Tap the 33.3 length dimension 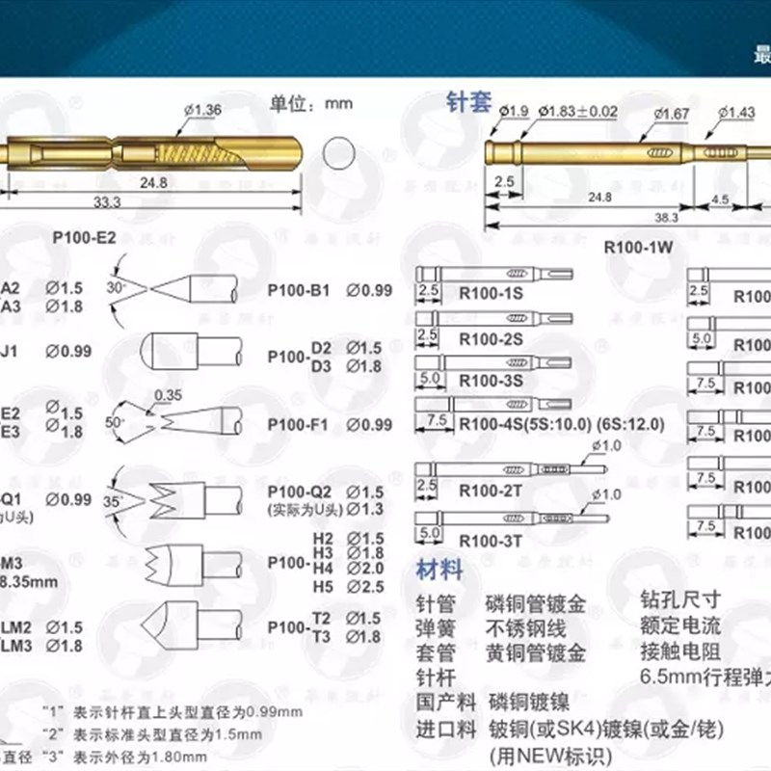point(107,201)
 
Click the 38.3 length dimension point(665,218)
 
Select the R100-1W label point(637,246)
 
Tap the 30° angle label point(117,287)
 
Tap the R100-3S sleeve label point(491,380)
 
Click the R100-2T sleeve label point(491,491)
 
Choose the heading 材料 point(439,570)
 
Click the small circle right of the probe point(340,154)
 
